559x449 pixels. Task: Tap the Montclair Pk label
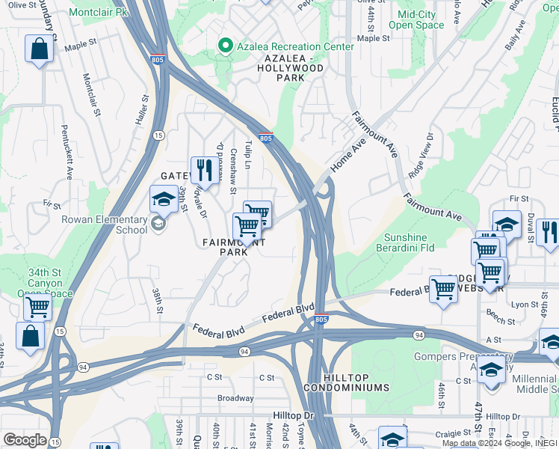[x=98, y=13]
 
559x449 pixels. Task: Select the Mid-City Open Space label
[x=421, y=19]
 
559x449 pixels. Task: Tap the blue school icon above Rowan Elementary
[x=163, y=200]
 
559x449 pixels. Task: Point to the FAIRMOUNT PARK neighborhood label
[x=233, y=247]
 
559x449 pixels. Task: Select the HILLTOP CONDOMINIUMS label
[x=346, y=387]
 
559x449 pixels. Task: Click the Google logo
[x=25, y=439]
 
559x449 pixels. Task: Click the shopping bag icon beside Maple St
[x=39, y=49]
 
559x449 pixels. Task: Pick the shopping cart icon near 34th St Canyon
[x=37, y=306]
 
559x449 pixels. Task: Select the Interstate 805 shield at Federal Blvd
[x=321, y=320]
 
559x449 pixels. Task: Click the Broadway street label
[x=235, y=398]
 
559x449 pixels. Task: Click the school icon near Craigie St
[x=392, y=439]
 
